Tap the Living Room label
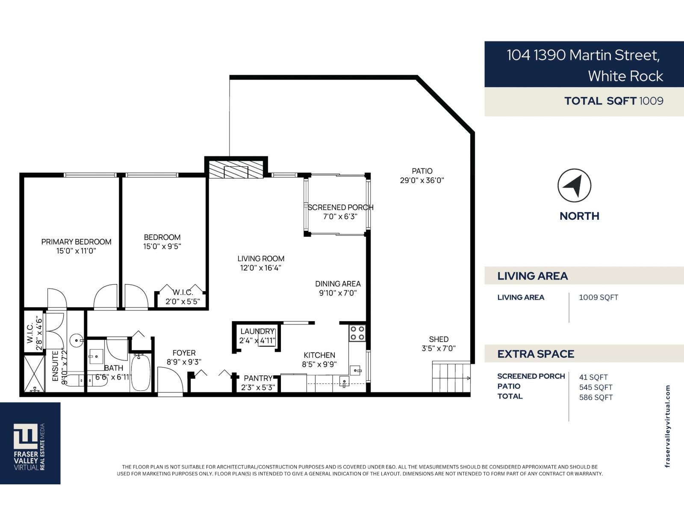pos(261,259)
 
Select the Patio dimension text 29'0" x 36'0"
pos(422,180)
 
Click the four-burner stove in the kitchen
pos(357,333)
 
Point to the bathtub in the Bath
pos(140,372)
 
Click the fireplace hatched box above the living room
pos(236,170)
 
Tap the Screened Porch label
pos(340,207)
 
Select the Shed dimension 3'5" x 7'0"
pos(439,348)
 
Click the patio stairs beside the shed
pos(451,377)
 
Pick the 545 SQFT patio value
pos(596,387)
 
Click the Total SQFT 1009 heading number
pos(651,101)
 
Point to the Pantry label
pos(258,378)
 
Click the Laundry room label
pos(257,331)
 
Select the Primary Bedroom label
pos(76,242)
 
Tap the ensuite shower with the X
pos(34,373)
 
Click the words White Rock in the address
pos(625,76)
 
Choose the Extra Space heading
pos(535,354)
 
